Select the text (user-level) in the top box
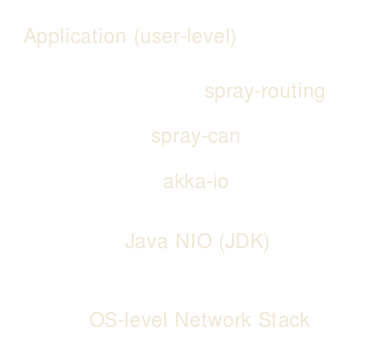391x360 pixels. pos(184,36)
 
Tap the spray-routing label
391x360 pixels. pos(264,92)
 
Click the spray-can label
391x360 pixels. pos(195,137)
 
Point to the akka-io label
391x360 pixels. pos(195,182)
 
